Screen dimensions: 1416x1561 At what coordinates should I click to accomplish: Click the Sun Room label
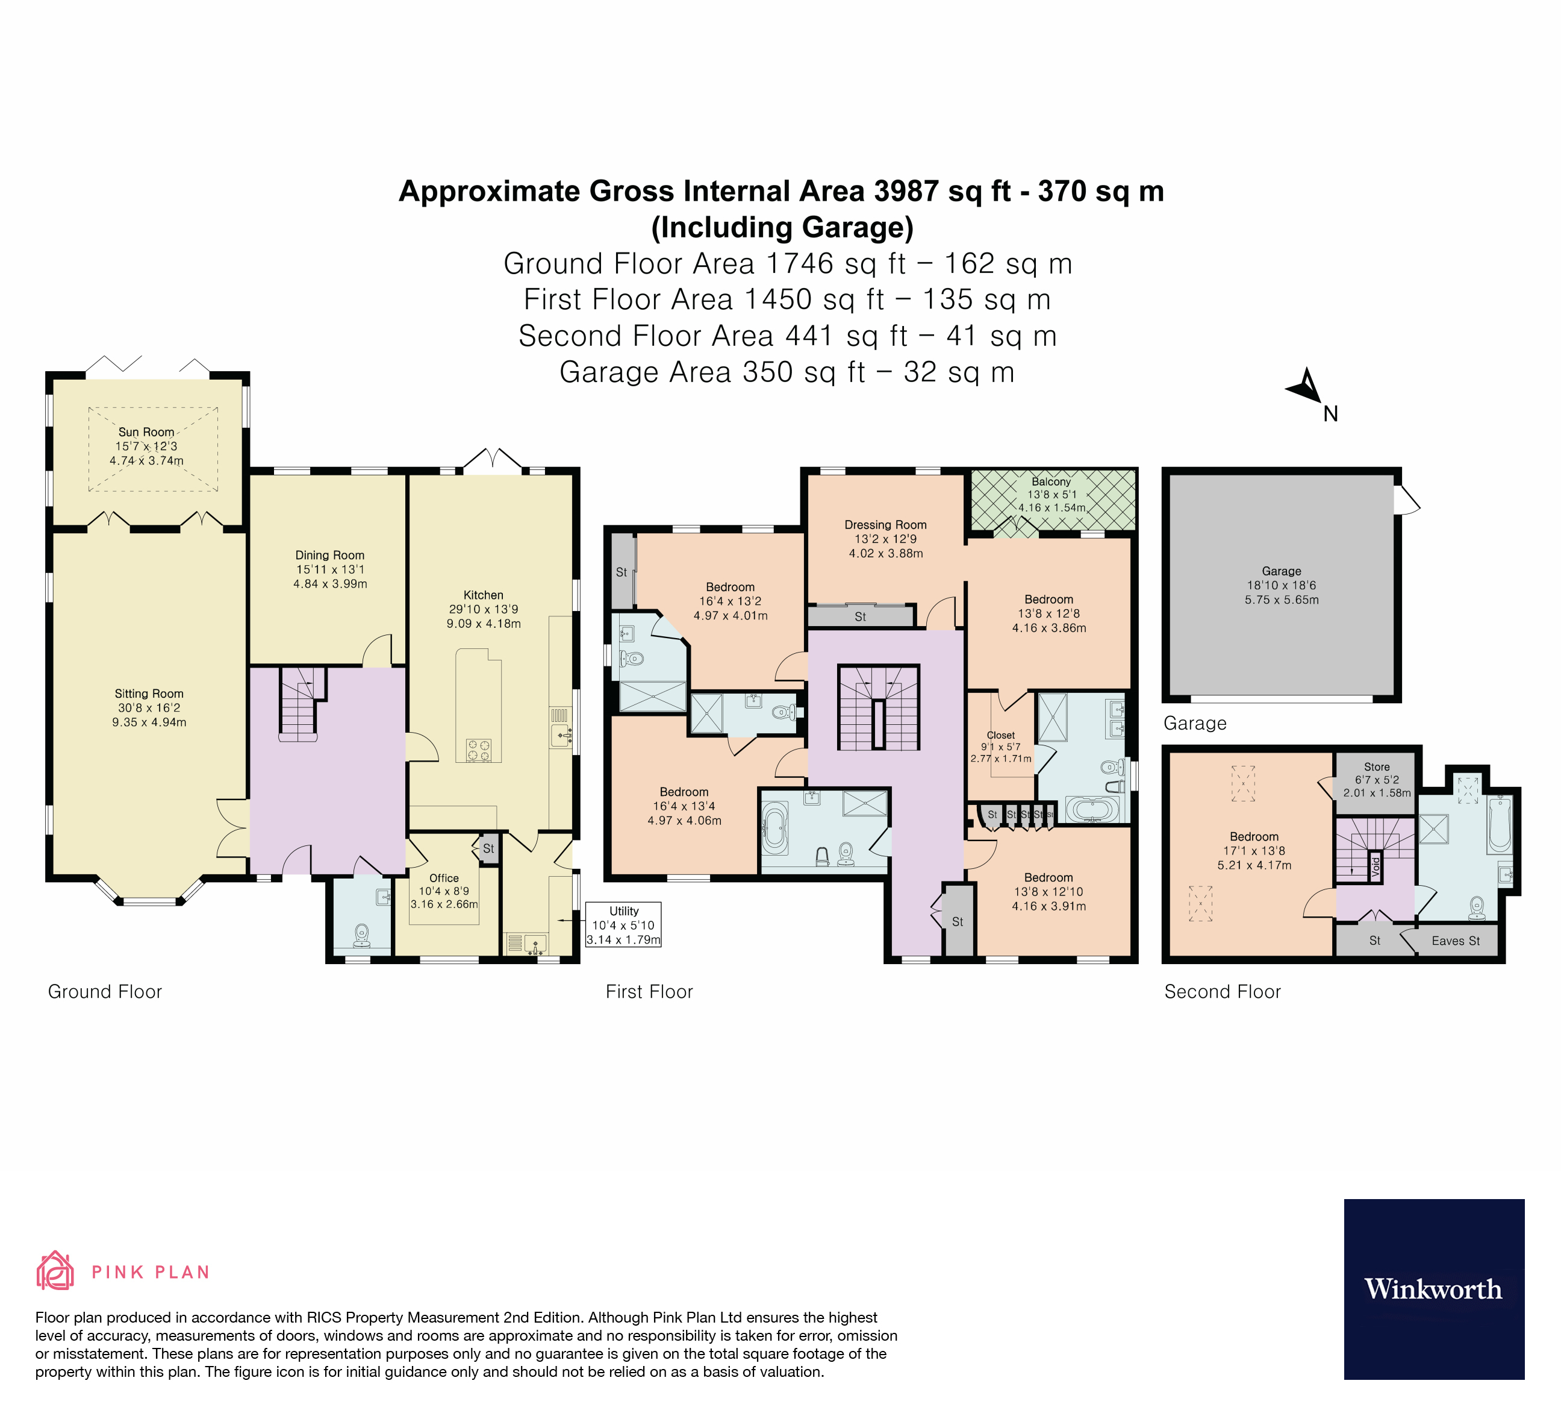point(146,432)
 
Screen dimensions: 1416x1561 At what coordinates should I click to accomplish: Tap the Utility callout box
point(623,925)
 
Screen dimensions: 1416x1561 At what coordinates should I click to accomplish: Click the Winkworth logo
point(1433,1289)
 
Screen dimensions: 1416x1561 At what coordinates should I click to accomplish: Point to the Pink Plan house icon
point(55,1271)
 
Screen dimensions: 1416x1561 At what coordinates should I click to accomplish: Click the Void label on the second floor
point(1375,867)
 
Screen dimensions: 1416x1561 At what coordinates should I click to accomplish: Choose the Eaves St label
point(1455,941)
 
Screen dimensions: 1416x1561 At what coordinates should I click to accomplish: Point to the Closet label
point(1000,735)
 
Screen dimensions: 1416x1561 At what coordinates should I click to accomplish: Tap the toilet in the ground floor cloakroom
point(361,935)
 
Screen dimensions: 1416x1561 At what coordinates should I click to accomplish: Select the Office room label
point(444,878)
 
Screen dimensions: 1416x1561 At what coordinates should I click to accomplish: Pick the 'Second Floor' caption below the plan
point(1222,992)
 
